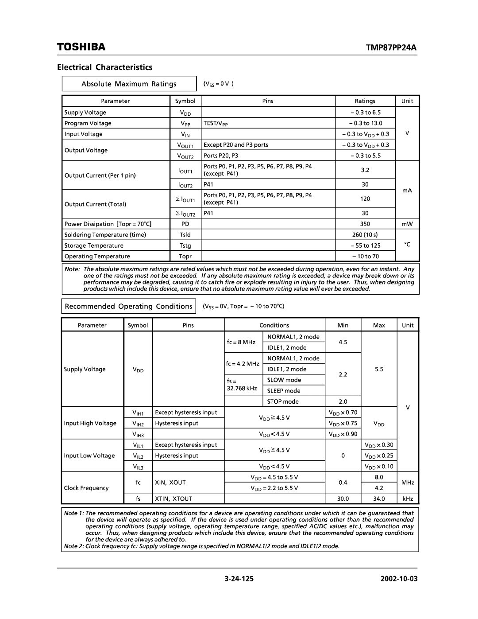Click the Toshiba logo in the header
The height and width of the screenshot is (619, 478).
pyautogui.click(x=81, y=47)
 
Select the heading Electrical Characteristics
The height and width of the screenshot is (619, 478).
pyautogui.click(x=104, y=67)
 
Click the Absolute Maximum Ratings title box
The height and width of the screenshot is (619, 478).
pyautogui.click(x=129, y=84)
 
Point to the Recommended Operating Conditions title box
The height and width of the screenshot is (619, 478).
pyautogui.click(x=128, y=306)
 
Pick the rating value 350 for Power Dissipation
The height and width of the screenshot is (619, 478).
pyautogui.click(x=365, y=224)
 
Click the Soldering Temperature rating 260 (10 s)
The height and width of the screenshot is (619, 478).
pyautogui.click(x=365, y=235)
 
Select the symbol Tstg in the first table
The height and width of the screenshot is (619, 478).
pyautogui.click(x=185, y=245)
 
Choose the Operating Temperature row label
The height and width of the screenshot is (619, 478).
pyautogui.click(x=97, y=257)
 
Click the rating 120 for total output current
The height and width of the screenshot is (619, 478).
pyautogui.click(x=365, y=199)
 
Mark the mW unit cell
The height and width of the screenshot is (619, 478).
pyautogui.click(x=407, y=224)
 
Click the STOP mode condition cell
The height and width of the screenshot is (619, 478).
pyautogui.click(x=283, y=401)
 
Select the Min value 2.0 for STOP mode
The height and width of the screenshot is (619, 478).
pyautogui.click(x=343, y=401)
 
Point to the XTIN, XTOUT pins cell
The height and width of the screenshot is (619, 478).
pyautogui.click(x=173, y=498)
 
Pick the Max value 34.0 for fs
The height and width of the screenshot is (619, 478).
pyautogui.click(x=379, y=498)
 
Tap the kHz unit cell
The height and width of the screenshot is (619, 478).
pyautogui.click(x=408, y=498)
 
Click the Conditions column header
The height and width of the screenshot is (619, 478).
pyautogui.click(x=274, y=325)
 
